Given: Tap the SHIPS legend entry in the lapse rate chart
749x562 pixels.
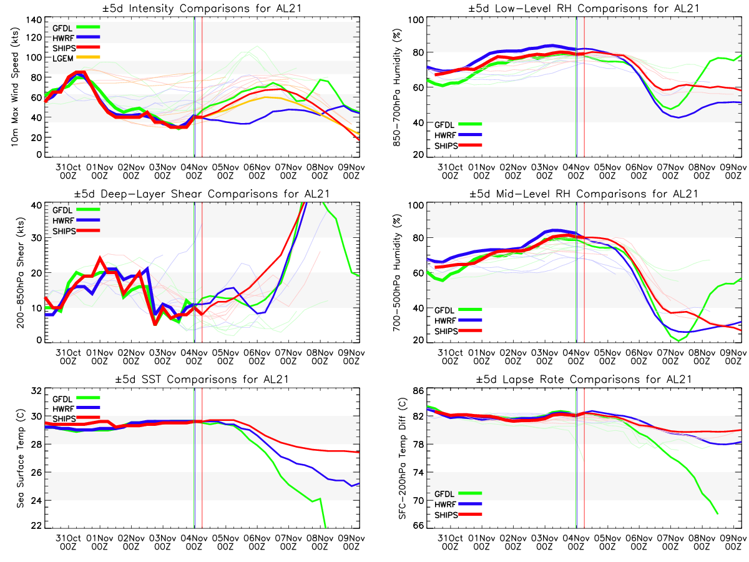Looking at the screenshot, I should click(x=446, y=515).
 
